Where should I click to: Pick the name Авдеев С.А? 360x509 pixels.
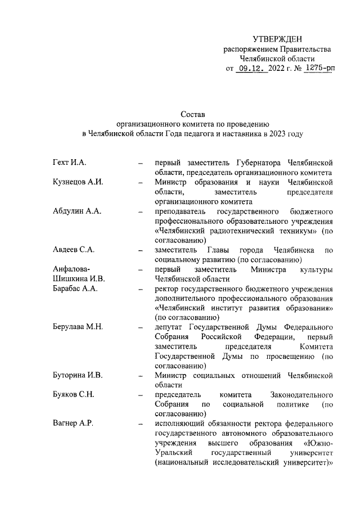(x=74, y=250)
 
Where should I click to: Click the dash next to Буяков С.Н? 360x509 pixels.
(x=139, y=395)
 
